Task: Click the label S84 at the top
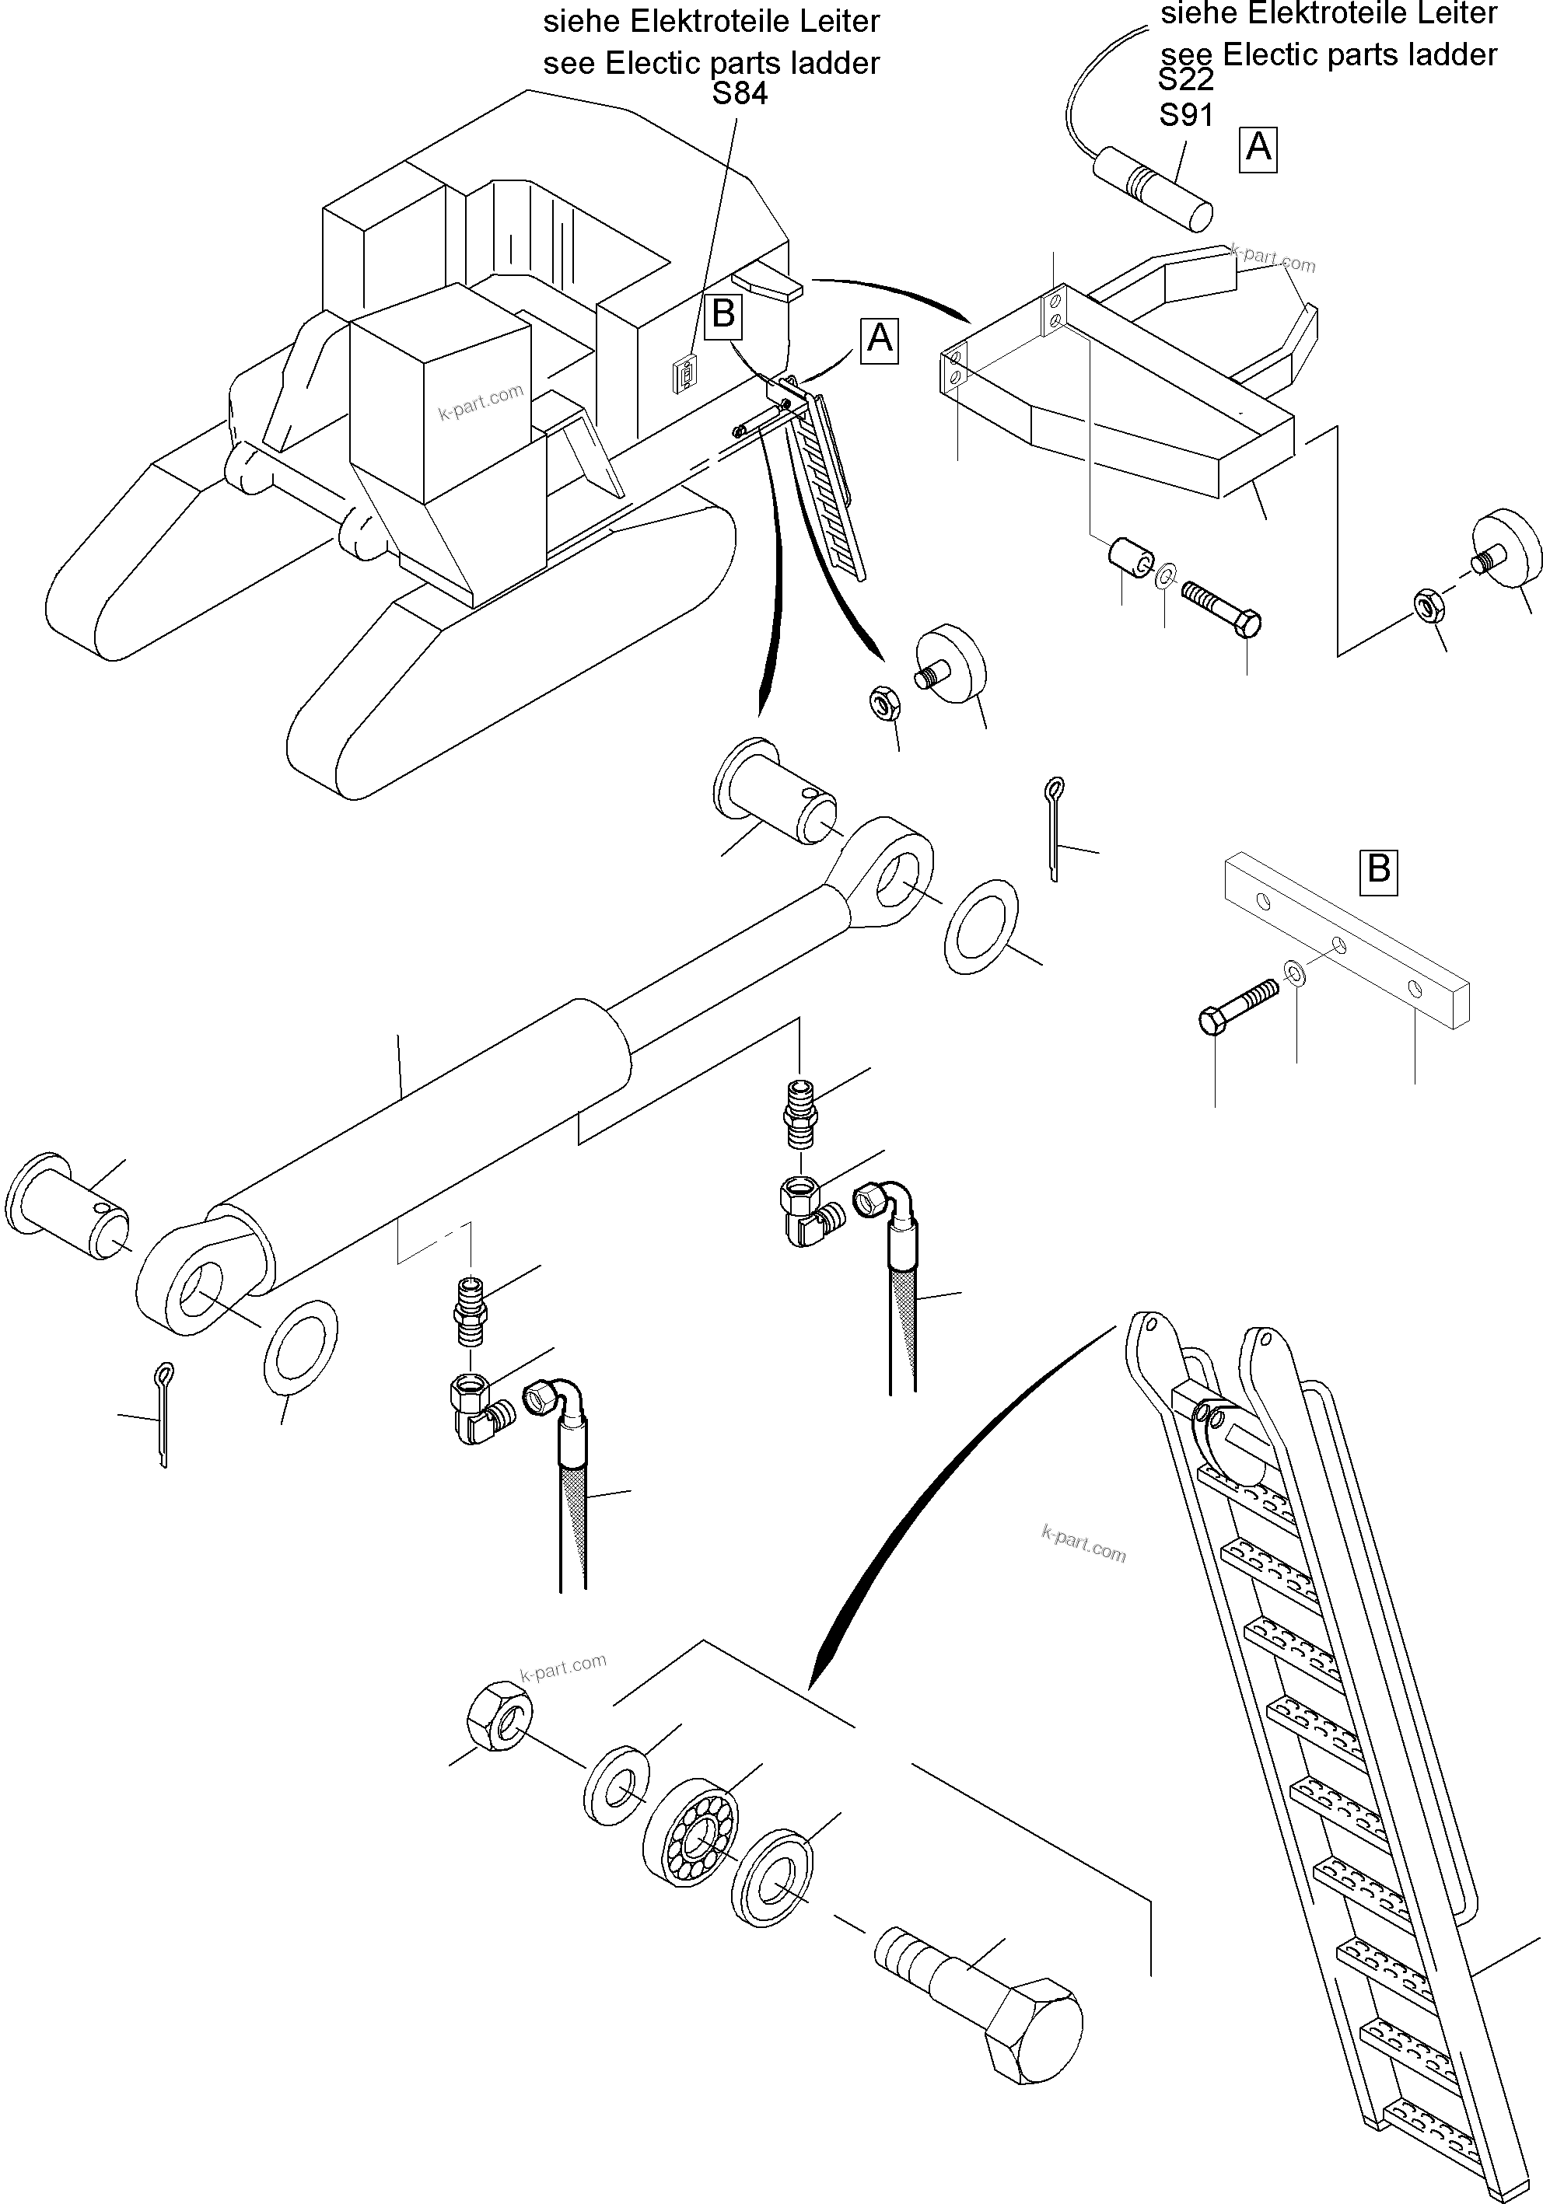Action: tap(740, 94)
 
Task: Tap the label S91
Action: tap(1186, 115)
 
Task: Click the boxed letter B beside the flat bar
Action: tap(1378, 870)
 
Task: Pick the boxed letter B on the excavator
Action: tap(723, 314)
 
